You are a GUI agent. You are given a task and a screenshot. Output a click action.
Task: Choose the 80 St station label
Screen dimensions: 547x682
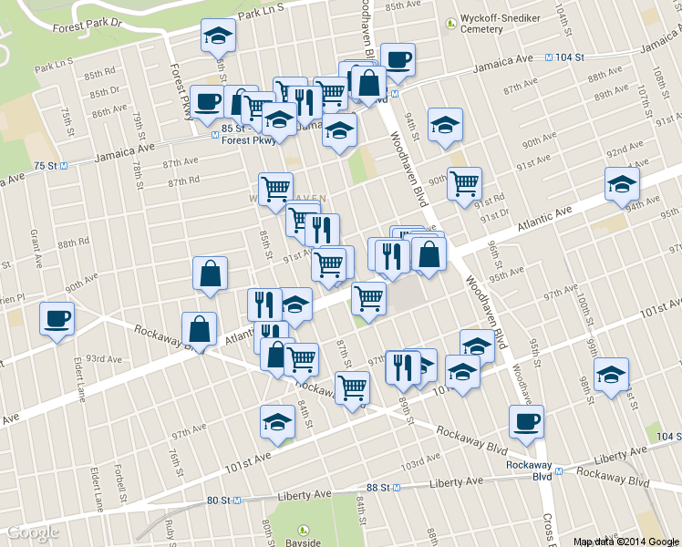click(x=222, y=501)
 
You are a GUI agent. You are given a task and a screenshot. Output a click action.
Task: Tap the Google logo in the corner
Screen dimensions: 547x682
click(x=33, y=533)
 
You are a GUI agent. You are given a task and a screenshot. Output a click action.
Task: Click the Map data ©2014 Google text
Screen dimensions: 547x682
click(x=625, y=541)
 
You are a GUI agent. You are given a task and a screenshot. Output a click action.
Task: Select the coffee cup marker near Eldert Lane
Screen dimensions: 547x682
click(x=57, y=320)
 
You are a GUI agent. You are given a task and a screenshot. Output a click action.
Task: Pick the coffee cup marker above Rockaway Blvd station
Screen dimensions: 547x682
click(x=526, y=422)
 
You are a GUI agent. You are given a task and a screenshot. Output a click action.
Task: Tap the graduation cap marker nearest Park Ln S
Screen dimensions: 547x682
click(x=218, y=36)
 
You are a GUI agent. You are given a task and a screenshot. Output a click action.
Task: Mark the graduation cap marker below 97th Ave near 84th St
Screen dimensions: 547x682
click(x=277, y=421)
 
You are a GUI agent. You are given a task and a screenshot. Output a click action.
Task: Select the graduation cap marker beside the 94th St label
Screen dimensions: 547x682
click(x=445, y=126)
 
